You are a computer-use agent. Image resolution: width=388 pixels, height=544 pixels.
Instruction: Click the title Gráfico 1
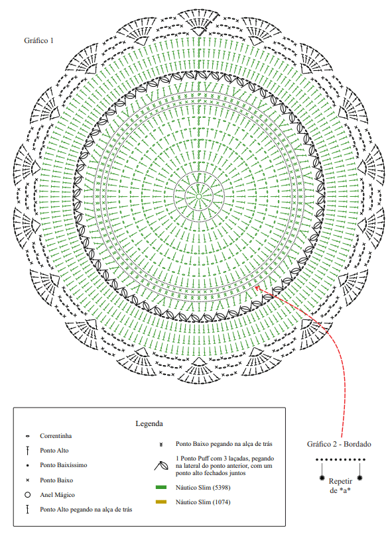coord(38,40)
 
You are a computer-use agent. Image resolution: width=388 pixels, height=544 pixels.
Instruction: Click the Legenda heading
coord(149,423)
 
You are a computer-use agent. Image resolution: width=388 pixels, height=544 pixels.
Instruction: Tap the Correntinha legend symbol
coord(27,436)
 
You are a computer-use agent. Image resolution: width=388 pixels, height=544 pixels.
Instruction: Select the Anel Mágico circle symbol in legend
coord(27,495)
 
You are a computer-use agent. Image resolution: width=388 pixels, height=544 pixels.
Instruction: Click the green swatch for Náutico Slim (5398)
coord(161,488)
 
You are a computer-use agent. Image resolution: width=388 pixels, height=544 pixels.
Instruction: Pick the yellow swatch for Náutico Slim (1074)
coord(161,502)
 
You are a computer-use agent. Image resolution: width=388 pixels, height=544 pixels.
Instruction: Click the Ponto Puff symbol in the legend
coord(161,466)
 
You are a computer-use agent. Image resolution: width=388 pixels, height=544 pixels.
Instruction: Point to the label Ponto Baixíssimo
coord(64,465)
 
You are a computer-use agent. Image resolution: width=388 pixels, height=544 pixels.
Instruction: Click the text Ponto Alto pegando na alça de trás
coord(86,510)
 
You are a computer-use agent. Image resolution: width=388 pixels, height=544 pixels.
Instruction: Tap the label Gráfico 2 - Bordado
coord(339,444)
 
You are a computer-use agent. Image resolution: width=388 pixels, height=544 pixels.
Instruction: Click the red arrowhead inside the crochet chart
coord(257,288)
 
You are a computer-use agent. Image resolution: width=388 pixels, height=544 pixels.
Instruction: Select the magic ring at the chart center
coord(199,196)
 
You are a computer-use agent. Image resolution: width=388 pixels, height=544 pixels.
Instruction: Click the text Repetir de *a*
coord(340,486)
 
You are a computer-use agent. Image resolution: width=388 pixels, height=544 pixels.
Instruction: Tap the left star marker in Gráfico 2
coord(322,478)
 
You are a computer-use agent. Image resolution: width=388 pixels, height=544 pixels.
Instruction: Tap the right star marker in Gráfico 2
coord(360,478)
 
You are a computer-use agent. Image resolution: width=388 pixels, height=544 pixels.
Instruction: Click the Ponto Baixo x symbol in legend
coord(27,480)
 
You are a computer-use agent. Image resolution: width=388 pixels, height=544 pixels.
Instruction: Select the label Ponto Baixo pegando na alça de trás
coord(224,444)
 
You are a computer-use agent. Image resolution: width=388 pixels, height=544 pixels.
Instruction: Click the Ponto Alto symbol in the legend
coord(27,451)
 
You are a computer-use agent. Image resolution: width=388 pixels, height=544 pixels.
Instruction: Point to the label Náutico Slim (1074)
coord(203,502)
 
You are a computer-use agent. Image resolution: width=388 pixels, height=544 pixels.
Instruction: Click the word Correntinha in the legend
coord(56,436)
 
